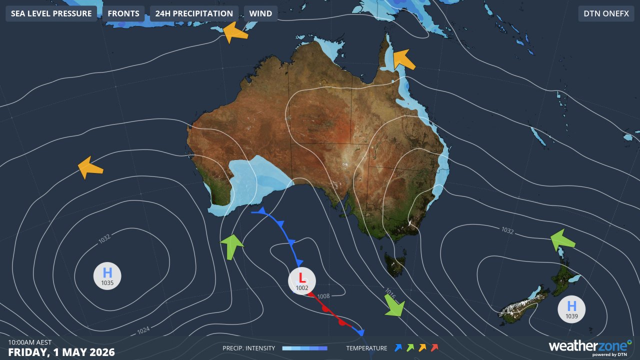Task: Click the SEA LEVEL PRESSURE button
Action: [51, 13]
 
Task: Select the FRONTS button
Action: [123, 13]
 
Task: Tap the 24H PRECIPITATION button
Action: [194, 13]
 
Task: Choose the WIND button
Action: [260, 13]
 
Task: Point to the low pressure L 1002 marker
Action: [302, 281]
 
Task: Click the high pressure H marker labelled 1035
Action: [107, 276]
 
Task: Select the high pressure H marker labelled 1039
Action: [571, 309]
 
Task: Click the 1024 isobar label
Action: [143, 330]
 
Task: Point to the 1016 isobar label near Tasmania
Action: [390, 293]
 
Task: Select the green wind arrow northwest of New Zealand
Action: [562, 239]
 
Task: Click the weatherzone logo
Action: [590, 346]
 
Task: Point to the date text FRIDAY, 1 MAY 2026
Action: [61, 352]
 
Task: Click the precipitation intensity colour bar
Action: [304, 348]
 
